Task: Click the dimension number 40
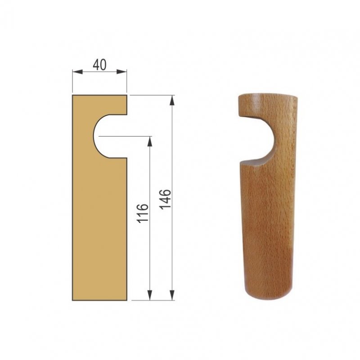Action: (x=99, y=65)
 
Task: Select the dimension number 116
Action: (x=143, y=213)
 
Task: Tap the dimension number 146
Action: (x=166, y=199)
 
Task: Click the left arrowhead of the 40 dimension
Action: (x=77, y=72)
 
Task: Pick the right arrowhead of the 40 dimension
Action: (x=121, y=72)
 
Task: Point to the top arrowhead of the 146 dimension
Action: (x=172, y=100)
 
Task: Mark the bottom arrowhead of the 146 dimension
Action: (x=172, y=295)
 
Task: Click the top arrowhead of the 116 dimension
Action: (x=150, y=141)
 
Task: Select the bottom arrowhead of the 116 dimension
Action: (x=150, y=295)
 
